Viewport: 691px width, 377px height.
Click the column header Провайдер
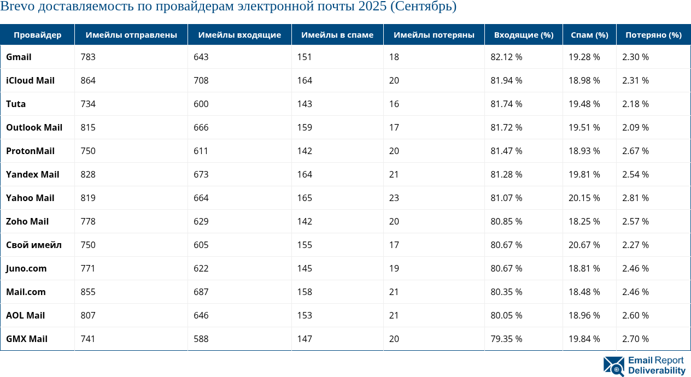(x=37, y=35)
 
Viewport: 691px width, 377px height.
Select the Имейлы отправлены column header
(x=131, y=35)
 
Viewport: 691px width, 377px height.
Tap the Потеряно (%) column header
(x=653, y=35)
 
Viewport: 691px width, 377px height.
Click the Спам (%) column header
(x=589, y=35)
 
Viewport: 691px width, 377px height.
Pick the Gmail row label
(x=19, y=57)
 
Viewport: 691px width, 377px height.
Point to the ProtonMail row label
(x=30, y=151)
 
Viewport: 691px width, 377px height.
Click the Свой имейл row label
(x=33, y=245)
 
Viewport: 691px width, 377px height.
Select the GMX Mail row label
(x=27, y=339)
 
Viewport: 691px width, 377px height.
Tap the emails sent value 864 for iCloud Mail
(x=88, y=80)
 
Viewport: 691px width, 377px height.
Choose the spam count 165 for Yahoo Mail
(x=304, y=198)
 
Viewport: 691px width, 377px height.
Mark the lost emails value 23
(x=394, y=198)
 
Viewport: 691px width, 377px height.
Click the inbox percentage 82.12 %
(x=506, y=57)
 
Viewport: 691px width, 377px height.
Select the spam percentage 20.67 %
(x=584, y=245)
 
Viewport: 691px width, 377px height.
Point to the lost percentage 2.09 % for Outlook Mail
(x=635, y=127)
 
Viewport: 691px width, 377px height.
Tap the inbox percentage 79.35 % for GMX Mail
(x=506, y=339)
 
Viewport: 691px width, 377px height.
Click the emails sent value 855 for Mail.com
(x=88, y=292)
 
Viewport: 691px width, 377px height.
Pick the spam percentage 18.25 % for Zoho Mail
(x=584, y=221)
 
